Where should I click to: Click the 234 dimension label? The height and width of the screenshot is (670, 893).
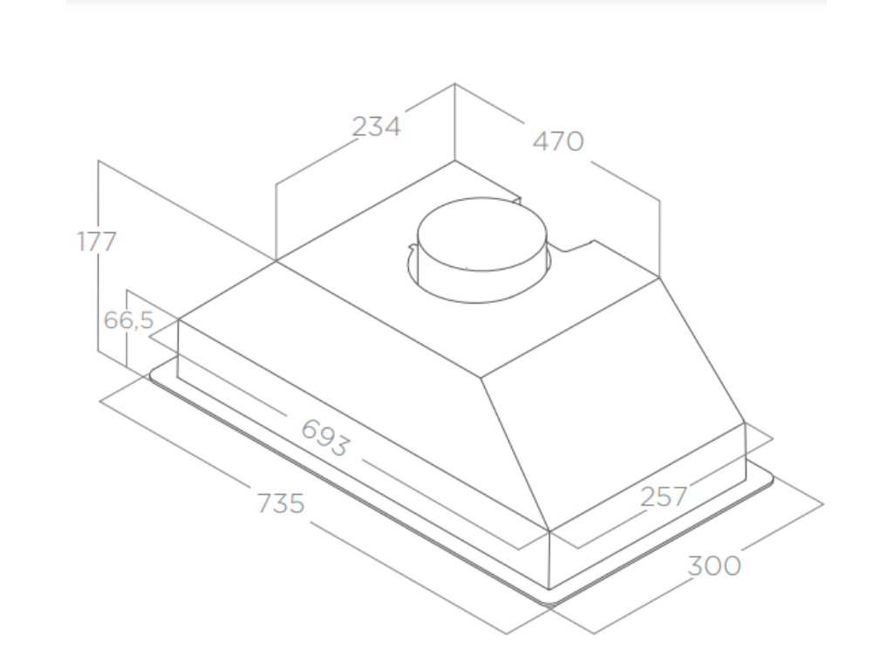click(x=376, y=126)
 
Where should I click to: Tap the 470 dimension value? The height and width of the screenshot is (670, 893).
click(x=557, y=140)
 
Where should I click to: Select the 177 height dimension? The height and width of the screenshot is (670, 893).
click(x=96, y=242)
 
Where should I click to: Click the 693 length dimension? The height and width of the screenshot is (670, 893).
click(x=324, y=437)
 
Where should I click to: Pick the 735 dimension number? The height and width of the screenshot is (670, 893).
click(x=281, y=503)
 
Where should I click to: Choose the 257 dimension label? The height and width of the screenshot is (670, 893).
click(x=664, y=496)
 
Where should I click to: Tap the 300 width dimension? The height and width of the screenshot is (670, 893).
click(x=714, y=565)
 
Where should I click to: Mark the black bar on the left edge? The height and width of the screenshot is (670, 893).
click(x=32, y=335)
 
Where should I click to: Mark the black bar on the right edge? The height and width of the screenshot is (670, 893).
click(x=859, y=335)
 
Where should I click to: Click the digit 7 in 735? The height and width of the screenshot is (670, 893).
click(x=264, y=503)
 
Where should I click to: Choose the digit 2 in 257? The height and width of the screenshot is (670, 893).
click(x=648, y=496)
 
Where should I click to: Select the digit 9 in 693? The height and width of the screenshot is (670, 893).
click(x=324, y=437)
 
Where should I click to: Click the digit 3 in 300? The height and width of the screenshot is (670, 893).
click(x=697, y=565)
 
